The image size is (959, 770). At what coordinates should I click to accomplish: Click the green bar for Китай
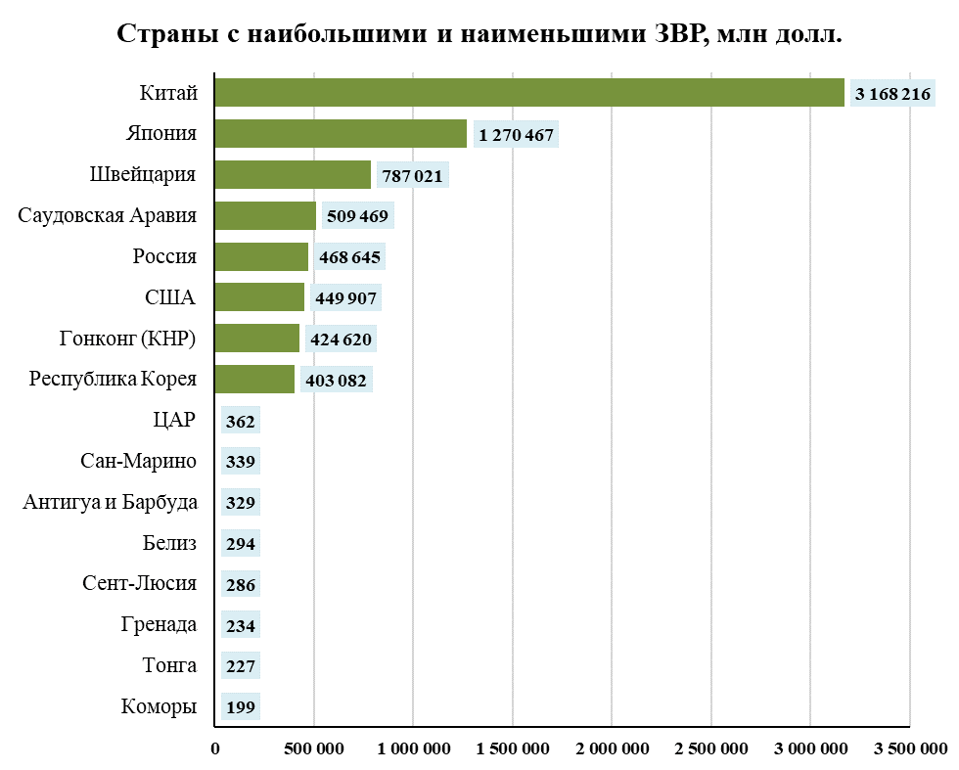tap(528, 93)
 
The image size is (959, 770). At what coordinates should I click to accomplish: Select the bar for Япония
tap(341, 134)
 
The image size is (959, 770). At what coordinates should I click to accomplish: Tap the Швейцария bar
tap(293, 175)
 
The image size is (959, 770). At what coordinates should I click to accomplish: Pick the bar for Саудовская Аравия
tap(265, 215)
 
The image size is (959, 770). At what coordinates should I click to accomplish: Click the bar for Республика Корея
tap(254, 380)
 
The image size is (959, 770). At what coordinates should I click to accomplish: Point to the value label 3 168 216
tap(892, 94)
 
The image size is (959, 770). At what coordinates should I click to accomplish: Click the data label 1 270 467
tap(516, 135)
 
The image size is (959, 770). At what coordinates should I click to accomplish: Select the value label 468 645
tap(347, 257)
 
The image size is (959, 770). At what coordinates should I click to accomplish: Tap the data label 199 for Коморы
tap(240, 706)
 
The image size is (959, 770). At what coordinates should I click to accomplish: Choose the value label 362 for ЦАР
tap(240, 422)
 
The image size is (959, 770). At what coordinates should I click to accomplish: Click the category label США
tap(170, 297)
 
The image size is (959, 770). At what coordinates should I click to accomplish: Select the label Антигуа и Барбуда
tap(110, 503)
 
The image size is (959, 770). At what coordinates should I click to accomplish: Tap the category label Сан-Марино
tap(139, 462)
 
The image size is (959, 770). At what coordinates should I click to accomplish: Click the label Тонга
tap(169, 665)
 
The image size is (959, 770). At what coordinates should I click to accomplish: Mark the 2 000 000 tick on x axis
tap(612, 749)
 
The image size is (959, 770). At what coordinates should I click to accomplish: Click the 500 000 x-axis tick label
tap(315, 749)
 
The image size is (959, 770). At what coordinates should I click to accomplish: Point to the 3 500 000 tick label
tap(909, 749)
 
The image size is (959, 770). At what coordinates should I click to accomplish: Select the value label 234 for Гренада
tap(240, 625)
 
